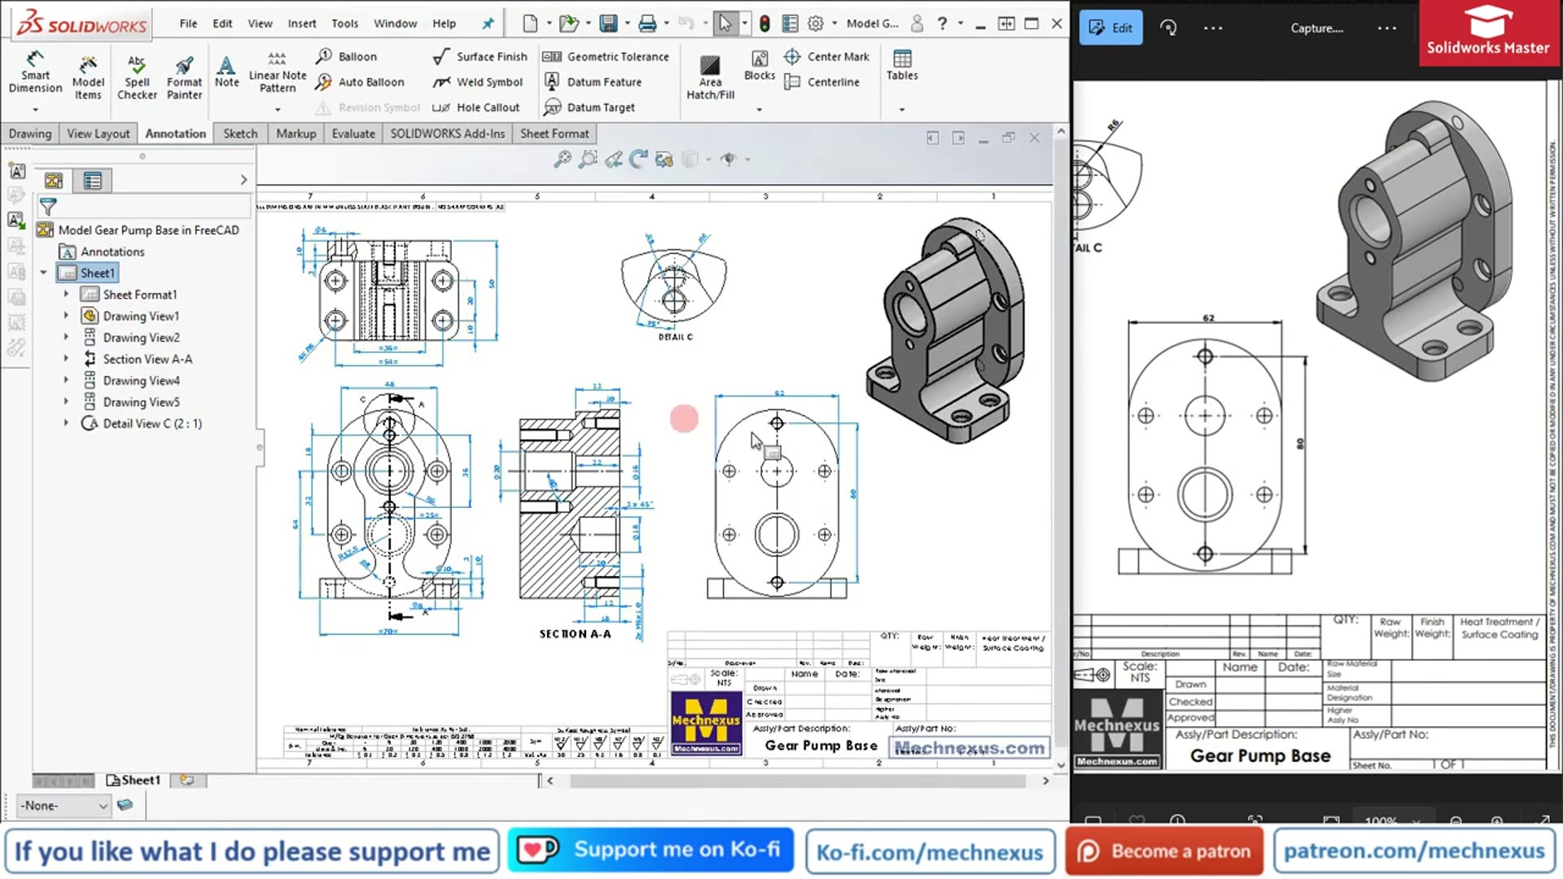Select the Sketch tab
[240, 133]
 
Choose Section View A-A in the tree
[147, 359]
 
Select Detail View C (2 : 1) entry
[151, 423]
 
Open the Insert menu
[301, 24]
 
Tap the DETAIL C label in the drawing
[675, 337]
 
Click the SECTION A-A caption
[575, 633]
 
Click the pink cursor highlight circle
[684, 418]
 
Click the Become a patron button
[1164, 851]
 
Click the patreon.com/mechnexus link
[1413, 851]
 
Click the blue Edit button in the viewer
[1110, 28]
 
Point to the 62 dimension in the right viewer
[1208, 318]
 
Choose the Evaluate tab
[352, 133]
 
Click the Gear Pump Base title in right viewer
[1259, 755]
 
